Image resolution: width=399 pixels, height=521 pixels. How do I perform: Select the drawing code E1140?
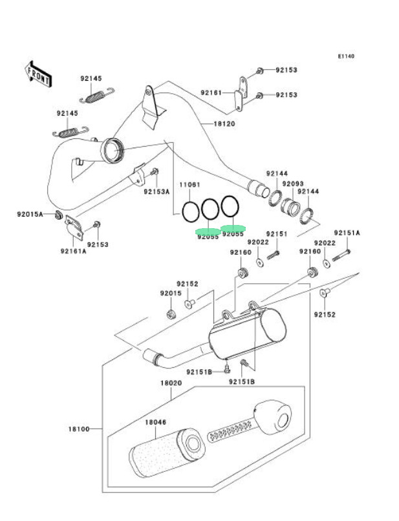pos(345,56)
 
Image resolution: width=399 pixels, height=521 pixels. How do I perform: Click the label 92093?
pos(294,184)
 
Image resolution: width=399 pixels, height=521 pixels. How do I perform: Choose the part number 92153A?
pos(156,191)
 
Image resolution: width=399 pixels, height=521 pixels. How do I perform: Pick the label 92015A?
pos(30,214)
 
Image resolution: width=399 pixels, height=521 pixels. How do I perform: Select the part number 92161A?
pos(74,251)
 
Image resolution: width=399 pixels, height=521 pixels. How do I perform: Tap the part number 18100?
pos(78,429)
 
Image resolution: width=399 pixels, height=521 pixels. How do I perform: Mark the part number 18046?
pos(155,423)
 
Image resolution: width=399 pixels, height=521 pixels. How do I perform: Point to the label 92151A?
pos(347,233)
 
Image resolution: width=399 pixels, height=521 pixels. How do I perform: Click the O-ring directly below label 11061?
pos(190,211)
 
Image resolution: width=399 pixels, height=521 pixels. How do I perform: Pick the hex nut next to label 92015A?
pos(58,215)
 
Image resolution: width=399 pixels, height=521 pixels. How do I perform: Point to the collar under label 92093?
pos(291,208)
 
